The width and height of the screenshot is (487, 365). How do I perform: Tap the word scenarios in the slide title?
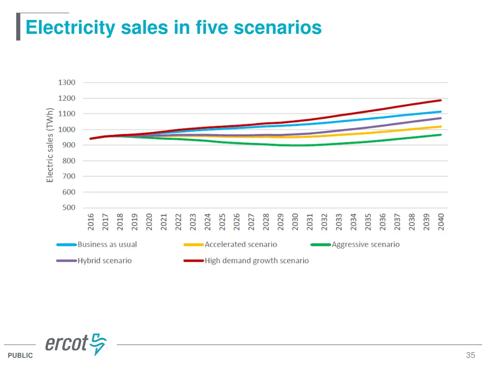coord(278,28)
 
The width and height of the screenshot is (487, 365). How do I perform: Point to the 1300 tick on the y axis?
coord(67,83)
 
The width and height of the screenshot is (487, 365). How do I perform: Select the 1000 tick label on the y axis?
coord(67,129)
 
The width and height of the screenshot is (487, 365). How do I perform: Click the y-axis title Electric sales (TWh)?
coord(50,145)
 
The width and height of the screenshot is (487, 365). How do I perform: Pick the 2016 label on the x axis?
coord(91,222)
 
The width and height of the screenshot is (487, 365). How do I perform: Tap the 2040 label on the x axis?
coord(441,222)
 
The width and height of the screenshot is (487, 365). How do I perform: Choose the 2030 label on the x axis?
coord(295,222)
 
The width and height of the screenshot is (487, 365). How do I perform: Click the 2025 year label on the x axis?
coord(222,222)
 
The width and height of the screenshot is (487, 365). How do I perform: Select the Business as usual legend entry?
coord(107,245)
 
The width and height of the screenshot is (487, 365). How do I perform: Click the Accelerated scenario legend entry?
coord(241,245)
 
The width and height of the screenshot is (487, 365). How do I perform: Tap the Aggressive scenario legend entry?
coord(365,245)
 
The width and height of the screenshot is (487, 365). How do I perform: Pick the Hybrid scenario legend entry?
coord(105,261)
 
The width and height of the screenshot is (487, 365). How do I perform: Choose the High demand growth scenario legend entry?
coord(256,261)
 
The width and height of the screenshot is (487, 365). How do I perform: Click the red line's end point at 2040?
coord(441,100)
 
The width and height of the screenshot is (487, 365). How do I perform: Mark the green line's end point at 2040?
coord(441,135)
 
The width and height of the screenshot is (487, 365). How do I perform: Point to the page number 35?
coord(470,355)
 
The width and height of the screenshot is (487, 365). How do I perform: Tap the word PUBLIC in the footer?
coord(20,355)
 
